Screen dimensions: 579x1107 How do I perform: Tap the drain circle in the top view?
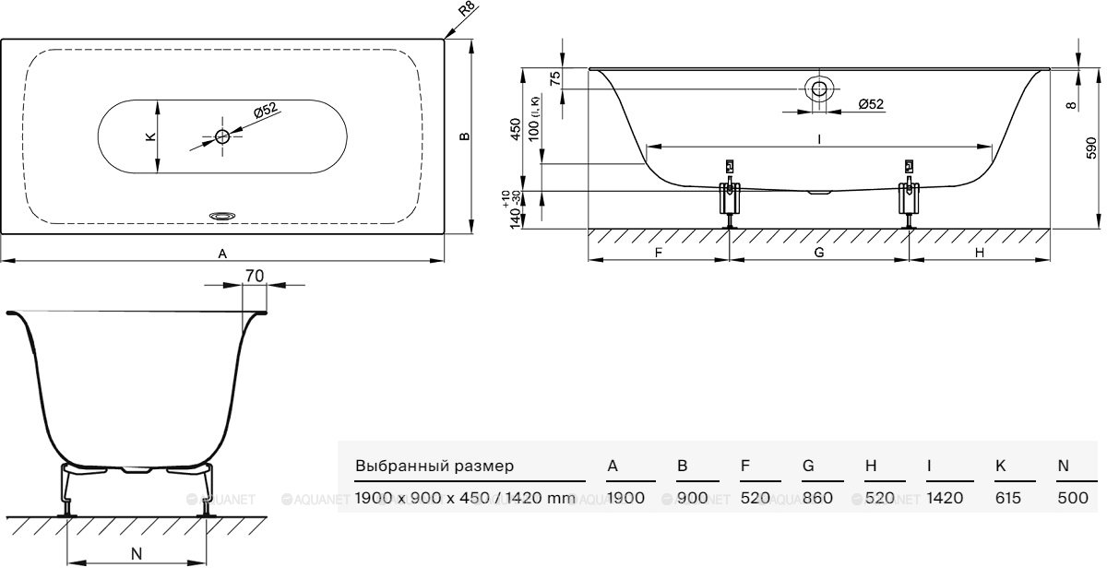tap(222, 136)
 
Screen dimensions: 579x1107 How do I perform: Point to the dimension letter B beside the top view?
tap(465, 136)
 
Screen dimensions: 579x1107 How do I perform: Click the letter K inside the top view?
tap(150, 136)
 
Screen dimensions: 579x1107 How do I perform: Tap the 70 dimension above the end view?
tap(256, 275)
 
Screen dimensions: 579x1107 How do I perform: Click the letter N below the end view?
tap(136, 553)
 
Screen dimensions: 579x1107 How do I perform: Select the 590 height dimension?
tap(1090, 148)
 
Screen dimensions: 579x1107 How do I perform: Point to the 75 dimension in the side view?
tap(555, 77)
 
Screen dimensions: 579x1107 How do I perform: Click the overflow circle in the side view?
tap(818, 89)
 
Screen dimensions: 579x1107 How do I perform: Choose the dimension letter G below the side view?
tap(819, 252)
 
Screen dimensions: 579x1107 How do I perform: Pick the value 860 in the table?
tap(817, 499)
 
